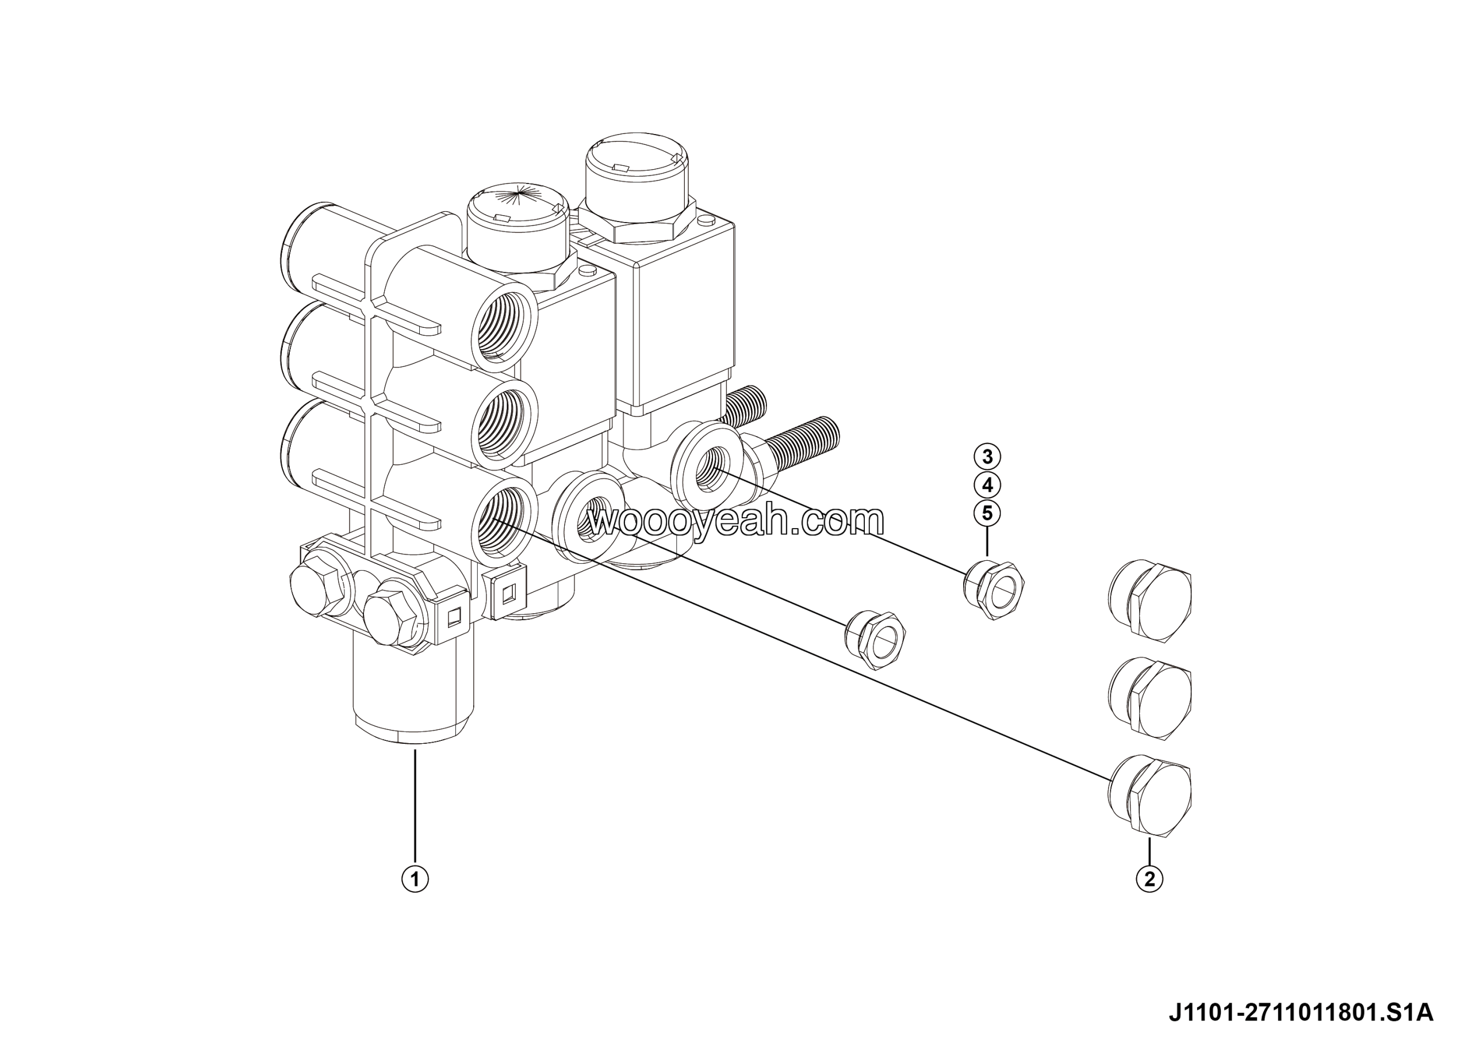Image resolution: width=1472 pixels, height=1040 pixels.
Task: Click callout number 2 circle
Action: pos(1149,878)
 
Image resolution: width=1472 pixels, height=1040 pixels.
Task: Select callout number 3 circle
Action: pos(987,457)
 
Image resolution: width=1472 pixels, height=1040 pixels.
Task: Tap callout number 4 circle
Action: pos(987,485)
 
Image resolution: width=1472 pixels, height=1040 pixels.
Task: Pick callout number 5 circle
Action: pos(987,513)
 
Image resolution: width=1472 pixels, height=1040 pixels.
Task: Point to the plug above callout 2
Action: pos(1149,795)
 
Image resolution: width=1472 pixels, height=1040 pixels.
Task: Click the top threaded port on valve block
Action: pos(504,329)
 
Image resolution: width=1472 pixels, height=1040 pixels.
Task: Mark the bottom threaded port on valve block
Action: pos(504,521)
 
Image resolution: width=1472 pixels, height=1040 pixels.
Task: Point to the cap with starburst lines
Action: pos(517,228)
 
